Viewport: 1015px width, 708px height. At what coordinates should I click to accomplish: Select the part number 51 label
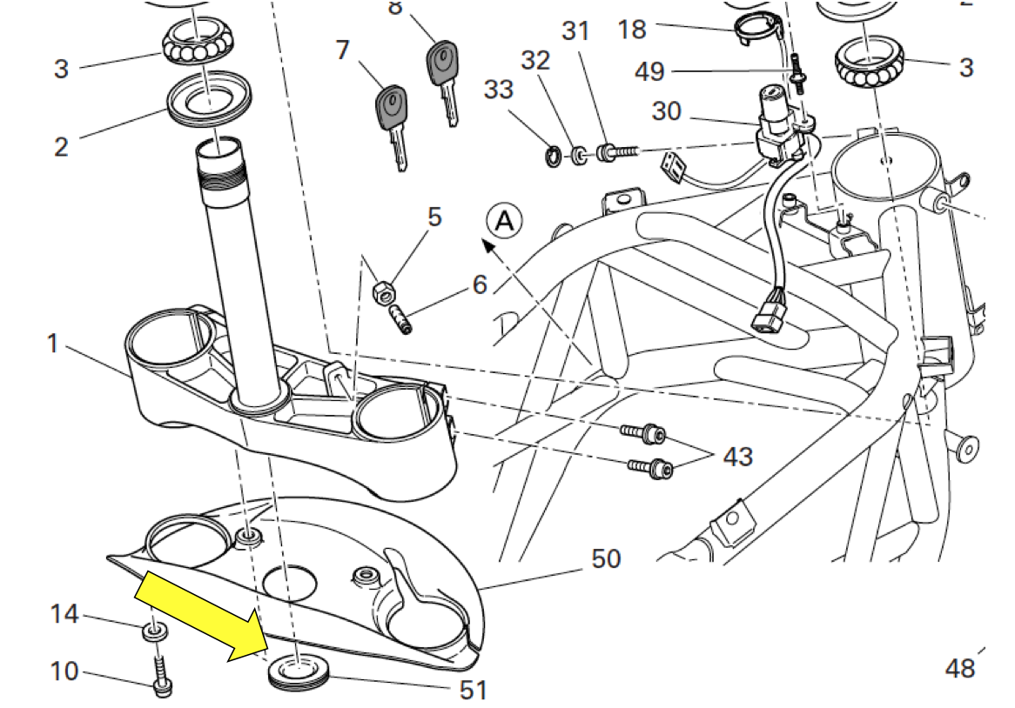pos(474,690)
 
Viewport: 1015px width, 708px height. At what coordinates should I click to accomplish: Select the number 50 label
pos(606,558)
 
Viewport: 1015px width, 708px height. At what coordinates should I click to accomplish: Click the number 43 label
pos(737,457)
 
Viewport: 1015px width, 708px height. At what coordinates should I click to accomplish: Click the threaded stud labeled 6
pos(400,317)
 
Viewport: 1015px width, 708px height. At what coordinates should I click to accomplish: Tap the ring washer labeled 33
pos(552,157)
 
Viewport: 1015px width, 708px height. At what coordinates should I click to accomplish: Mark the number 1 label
pos(52,344)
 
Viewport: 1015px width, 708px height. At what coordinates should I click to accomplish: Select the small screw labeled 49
pos(797,72)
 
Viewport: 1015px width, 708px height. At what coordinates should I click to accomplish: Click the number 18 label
pos(632,30)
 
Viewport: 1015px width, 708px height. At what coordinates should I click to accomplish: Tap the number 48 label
pos(961,668)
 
